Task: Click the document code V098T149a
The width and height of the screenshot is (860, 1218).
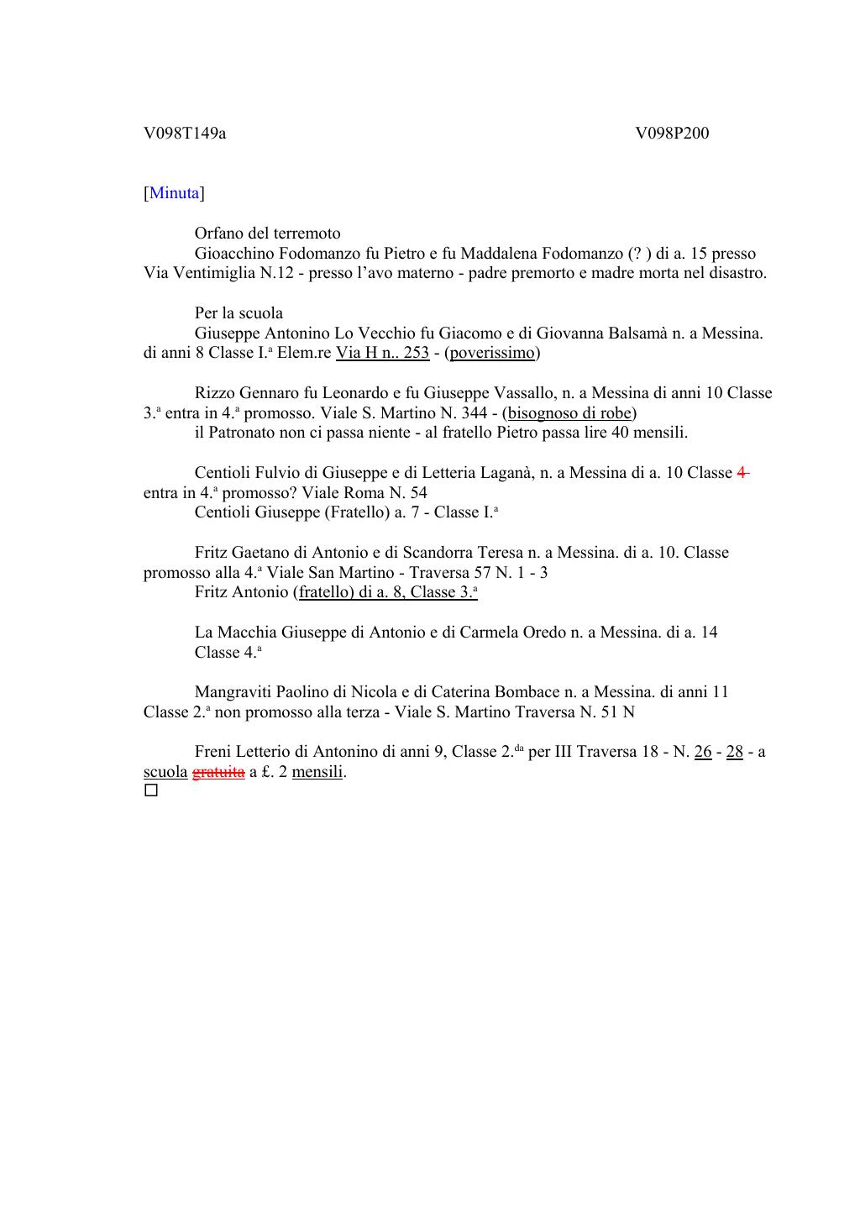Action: (x=185, y=134)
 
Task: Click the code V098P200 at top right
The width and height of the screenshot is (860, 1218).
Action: (x=672, y=134)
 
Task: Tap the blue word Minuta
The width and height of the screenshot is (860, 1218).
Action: (x=175, y=193)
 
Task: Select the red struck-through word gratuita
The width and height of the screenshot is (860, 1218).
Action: (x=218, y=772)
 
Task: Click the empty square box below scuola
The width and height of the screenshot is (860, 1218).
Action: (x=151, y=790)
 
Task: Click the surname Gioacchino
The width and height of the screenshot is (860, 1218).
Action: (x=234, y=254)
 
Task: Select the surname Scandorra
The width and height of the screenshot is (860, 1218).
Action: (x=437, y=553)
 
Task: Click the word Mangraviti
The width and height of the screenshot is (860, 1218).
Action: (x=233, y=692)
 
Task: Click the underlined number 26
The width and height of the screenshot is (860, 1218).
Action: (x=703, y=752)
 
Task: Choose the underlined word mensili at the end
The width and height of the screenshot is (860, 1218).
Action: (x=317, y=772)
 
